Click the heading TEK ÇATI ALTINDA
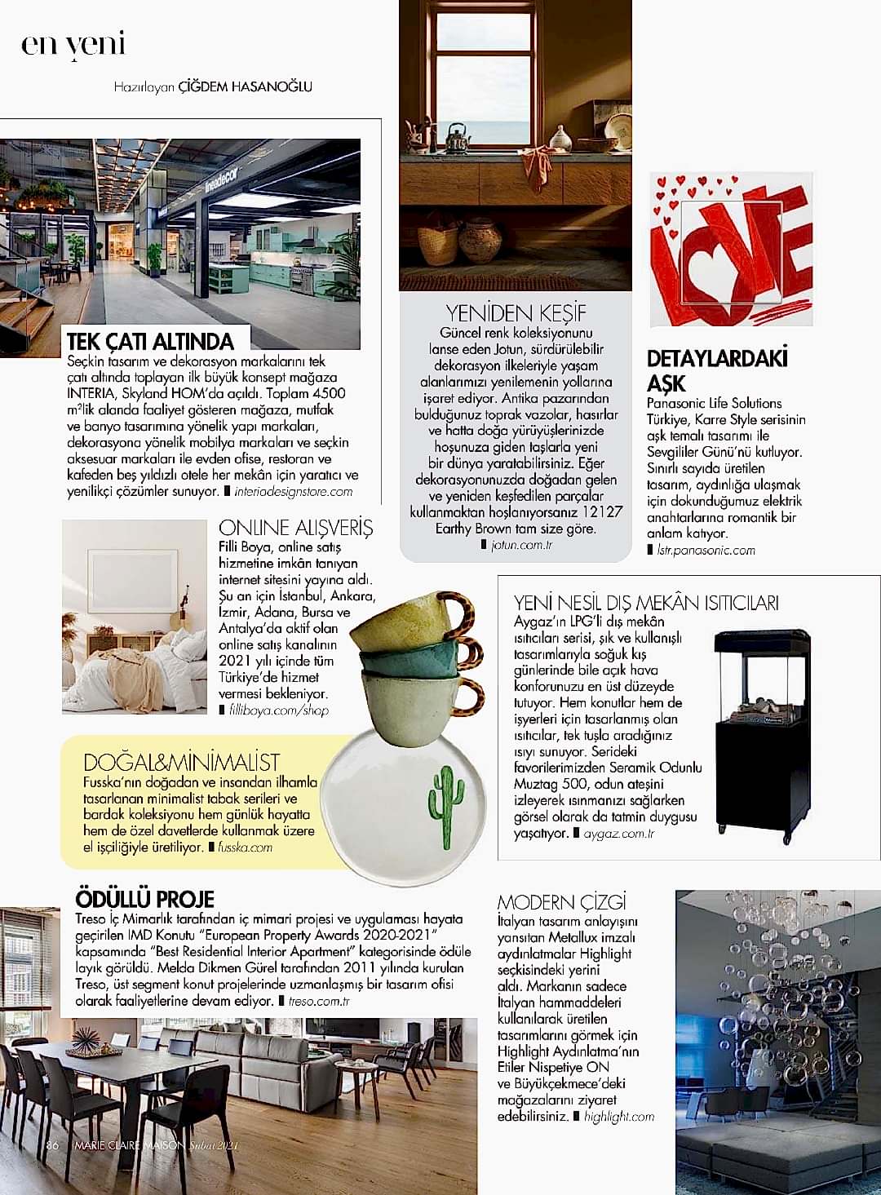[x=150, y=341]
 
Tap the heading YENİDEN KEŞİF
[x=516, y=313]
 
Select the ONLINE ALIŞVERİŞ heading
[x=295, y=528]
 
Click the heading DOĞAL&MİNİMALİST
[x=181, y=763]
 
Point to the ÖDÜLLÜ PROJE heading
[x=144, y=899]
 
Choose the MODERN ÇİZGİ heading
[x=561, y=902]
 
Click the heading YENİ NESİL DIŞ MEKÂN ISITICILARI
[x=646, y=603]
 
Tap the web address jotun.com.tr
[x=522, y=545]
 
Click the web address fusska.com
[x=245, y=848]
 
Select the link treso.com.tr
[x=319, y=1001]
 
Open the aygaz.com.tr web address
[x=619, y=834]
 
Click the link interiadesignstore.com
[x=293, y=492]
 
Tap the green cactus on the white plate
[x=446, y=806]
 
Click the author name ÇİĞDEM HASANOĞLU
[x=245, y=86]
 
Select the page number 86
[x=53, y=1145]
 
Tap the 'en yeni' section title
[x=73, y=43]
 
